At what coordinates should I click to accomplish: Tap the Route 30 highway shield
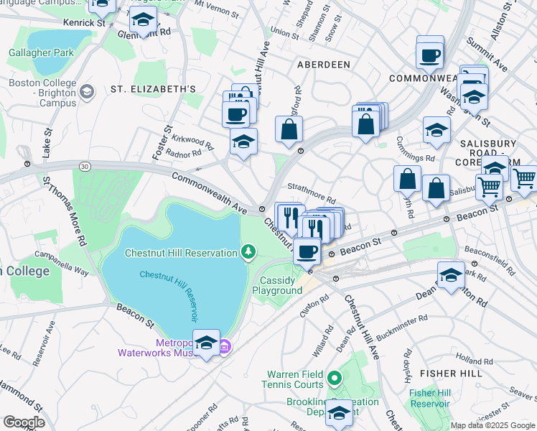(85, 167)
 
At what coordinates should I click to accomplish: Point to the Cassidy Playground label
(277, 285)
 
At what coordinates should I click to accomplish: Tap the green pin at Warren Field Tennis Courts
(334, 376)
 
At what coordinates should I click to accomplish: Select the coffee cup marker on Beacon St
(307, 251)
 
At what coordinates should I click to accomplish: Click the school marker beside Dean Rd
(451, 276)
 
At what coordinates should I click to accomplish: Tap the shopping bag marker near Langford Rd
(289, 129)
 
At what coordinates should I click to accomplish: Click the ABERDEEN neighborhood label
(324, 65)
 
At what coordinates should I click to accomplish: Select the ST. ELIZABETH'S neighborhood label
(153, 89)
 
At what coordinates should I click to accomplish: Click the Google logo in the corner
(24, 422)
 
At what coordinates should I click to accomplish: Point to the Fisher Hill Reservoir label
(429, 398)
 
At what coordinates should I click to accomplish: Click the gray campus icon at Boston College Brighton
(87, 92)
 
